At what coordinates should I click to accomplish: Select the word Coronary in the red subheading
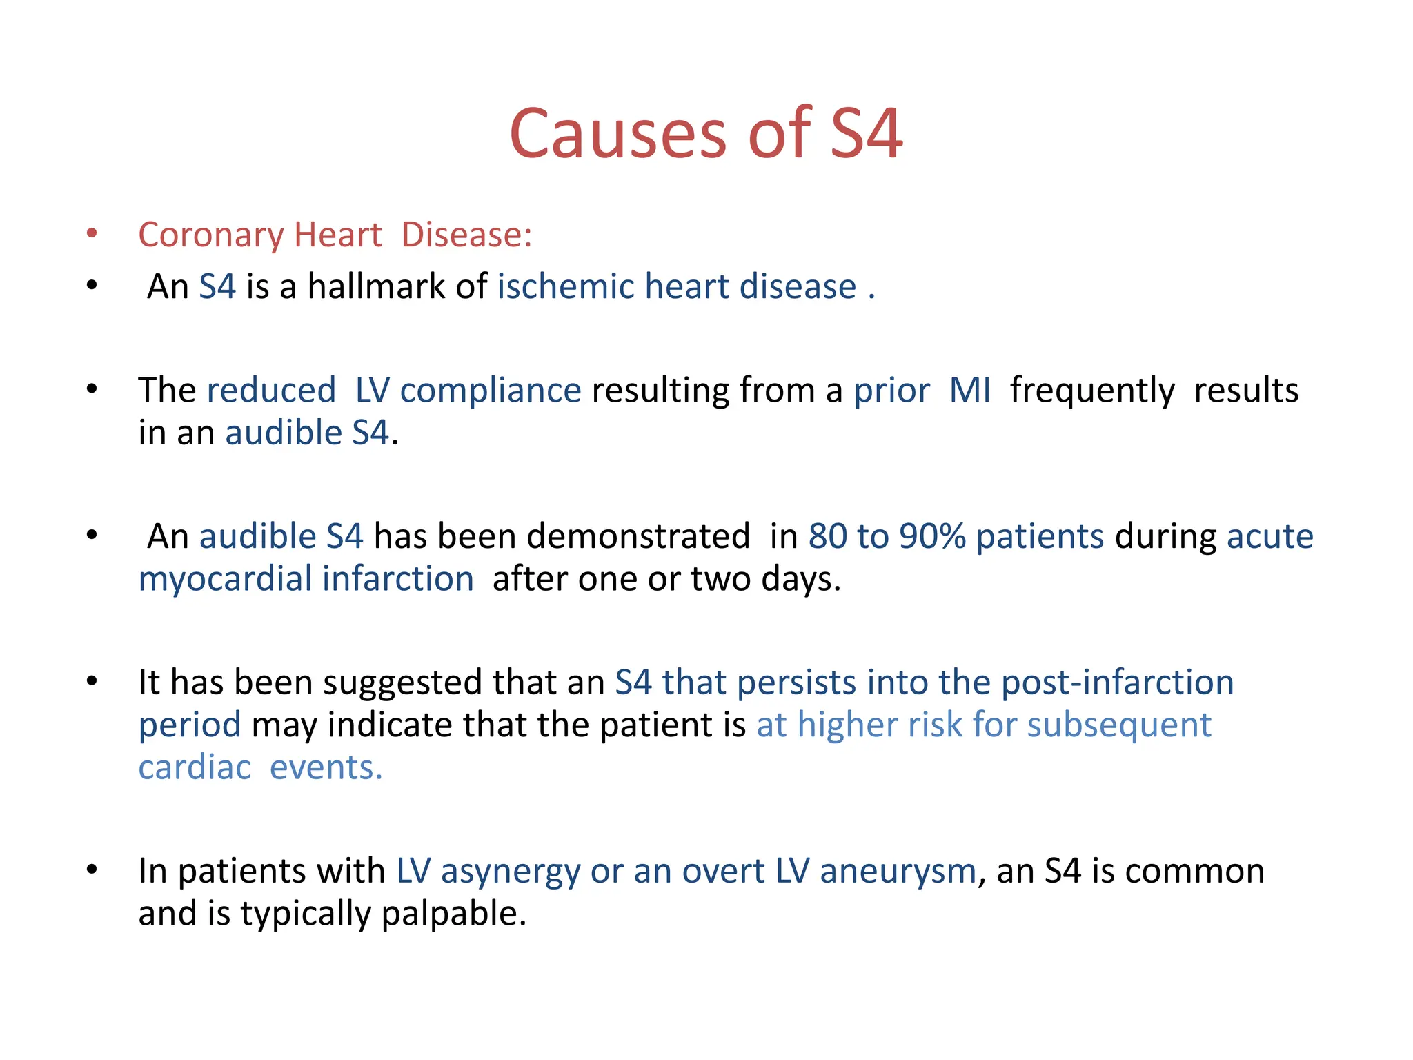pyautogui.click(x=210, y=235)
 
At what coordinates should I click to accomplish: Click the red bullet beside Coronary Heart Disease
pyautogui.click(x=92, y=233)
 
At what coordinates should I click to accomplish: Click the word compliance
pyautogui.click(x=491, y=391)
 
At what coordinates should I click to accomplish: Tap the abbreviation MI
pyautogui.click(x=969, y=391)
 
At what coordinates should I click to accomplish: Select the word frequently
pyautogui.click(x=1092, y=391)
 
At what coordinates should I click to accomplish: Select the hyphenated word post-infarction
pyautogui.click(x=1117, y=683)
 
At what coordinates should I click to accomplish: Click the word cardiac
pyautogui.click(x=195, y=768)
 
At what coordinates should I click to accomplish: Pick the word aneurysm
pyautogui.click(x=898, y=872)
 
